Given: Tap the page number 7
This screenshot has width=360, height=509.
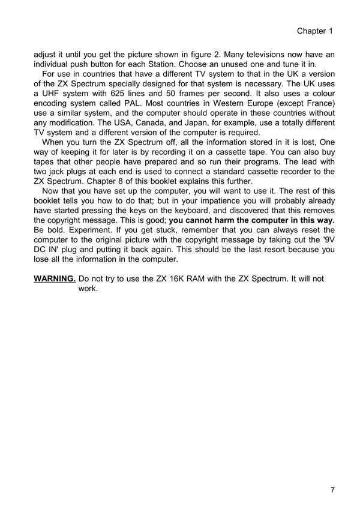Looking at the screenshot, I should (332, 490).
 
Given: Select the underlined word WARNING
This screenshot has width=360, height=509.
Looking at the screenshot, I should (55, 279).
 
